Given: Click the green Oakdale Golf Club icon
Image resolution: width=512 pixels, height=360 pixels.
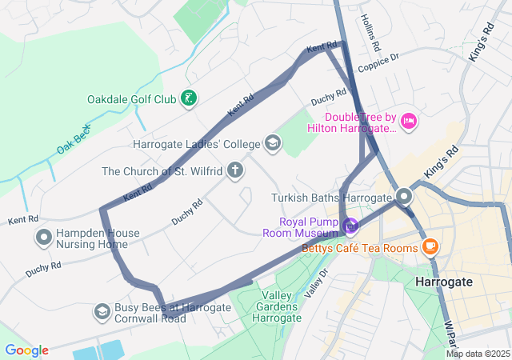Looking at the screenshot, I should click(x=189, y=99).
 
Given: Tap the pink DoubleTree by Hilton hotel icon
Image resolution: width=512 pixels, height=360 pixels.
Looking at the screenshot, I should click(x=408, y=121).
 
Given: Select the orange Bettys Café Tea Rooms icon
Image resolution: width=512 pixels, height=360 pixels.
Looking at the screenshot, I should click(x=430, y=246).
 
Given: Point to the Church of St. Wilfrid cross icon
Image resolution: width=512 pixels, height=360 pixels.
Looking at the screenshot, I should click(x=235, y=170).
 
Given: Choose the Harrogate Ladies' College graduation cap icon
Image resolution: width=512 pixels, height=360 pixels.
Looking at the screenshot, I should click(x=272, y=143).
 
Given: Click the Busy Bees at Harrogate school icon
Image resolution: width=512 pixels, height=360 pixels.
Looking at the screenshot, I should click(x=102, y=310).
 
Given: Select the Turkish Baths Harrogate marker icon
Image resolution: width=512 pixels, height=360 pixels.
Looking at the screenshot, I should click(x=404, y=196).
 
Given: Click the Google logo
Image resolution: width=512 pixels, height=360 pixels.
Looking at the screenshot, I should click(x=26, y=350).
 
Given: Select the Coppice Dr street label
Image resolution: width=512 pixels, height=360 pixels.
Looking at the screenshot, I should click(x=378, y=62).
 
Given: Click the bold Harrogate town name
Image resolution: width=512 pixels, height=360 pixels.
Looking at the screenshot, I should click(x=444, y=282).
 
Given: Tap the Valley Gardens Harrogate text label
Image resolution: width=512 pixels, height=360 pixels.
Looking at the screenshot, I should click(x=270, y=306).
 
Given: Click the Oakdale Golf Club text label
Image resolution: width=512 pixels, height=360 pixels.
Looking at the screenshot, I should click(x=131, y=100).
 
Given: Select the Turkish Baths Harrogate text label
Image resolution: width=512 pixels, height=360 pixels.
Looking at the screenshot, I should click(x=331, y=198).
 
